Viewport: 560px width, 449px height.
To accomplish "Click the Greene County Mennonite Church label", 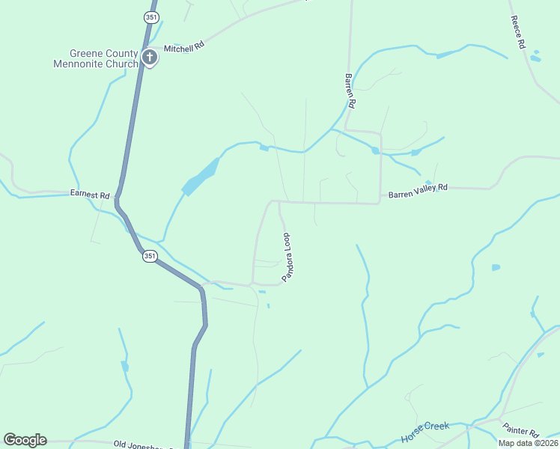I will click(x=96, y=58).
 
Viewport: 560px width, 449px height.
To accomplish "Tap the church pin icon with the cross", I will click(x=150, y=57).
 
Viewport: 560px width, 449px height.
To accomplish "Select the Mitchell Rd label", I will click(x=184, y=48).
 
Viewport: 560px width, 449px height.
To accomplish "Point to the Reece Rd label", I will click(x=517, y=32).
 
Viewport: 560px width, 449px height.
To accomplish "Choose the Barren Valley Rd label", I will click(x=418, y=191).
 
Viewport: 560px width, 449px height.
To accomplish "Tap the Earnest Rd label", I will click(x=90, y=194).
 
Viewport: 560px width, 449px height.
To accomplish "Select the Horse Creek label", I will click(x=425, y=430).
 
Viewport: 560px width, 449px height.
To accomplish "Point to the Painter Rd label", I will click(x=521, y=432).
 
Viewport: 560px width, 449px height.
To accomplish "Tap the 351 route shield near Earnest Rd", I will click(x=149, y=256).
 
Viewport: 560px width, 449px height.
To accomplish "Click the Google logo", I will click(x=25, y=440).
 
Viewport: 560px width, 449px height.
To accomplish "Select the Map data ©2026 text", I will click(x=529, y=443).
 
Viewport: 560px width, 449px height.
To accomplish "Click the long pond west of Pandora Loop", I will click(x=201, y=177).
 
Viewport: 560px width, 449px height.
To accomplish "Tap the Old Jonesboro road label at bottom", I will click(x=142, y=445).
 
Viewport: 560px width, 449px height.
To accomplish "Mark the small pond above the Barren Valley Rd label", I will click(x=428, y=183).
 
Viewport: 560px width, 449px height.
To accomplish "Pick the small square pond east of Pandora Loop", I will click(x=496, y=267).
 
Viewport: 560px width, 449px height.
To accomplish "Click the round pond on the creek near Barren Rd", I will click(x=375, y=150).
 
